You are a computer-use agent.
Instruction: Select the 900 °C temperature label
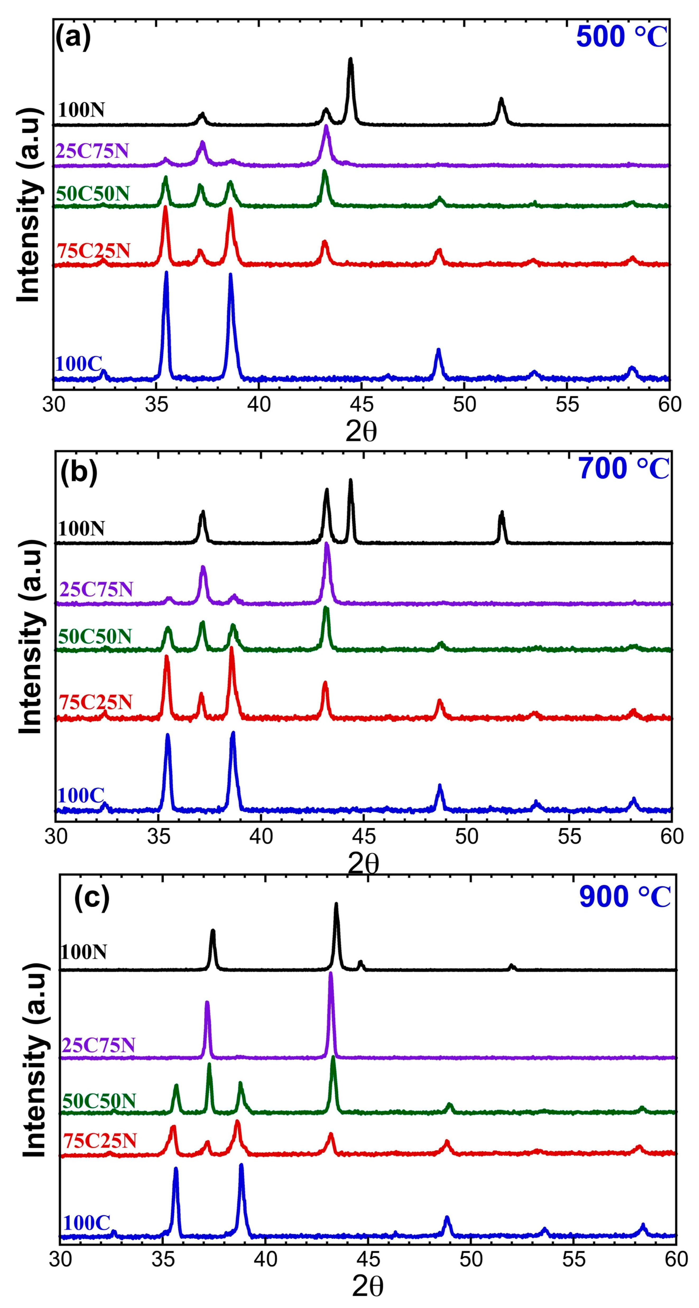[625, 897]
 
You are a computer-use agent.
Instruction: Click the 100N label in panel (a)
[81, 110]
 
